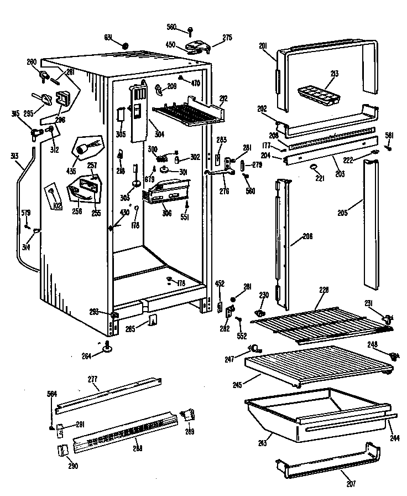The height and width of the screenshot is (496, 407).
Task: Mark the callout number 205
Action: pyautogui.click(x=342, y=210)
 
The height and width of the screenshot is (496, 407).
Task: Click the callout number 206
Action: pyautogui.click(x=307, y=236)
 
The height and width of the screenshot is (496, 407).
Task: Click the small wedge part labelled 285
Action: pyautogui.click(x=153, y=321)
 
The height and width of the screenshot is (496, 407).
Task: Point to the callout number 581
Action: pyautogui.click(x=389, y=135)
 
